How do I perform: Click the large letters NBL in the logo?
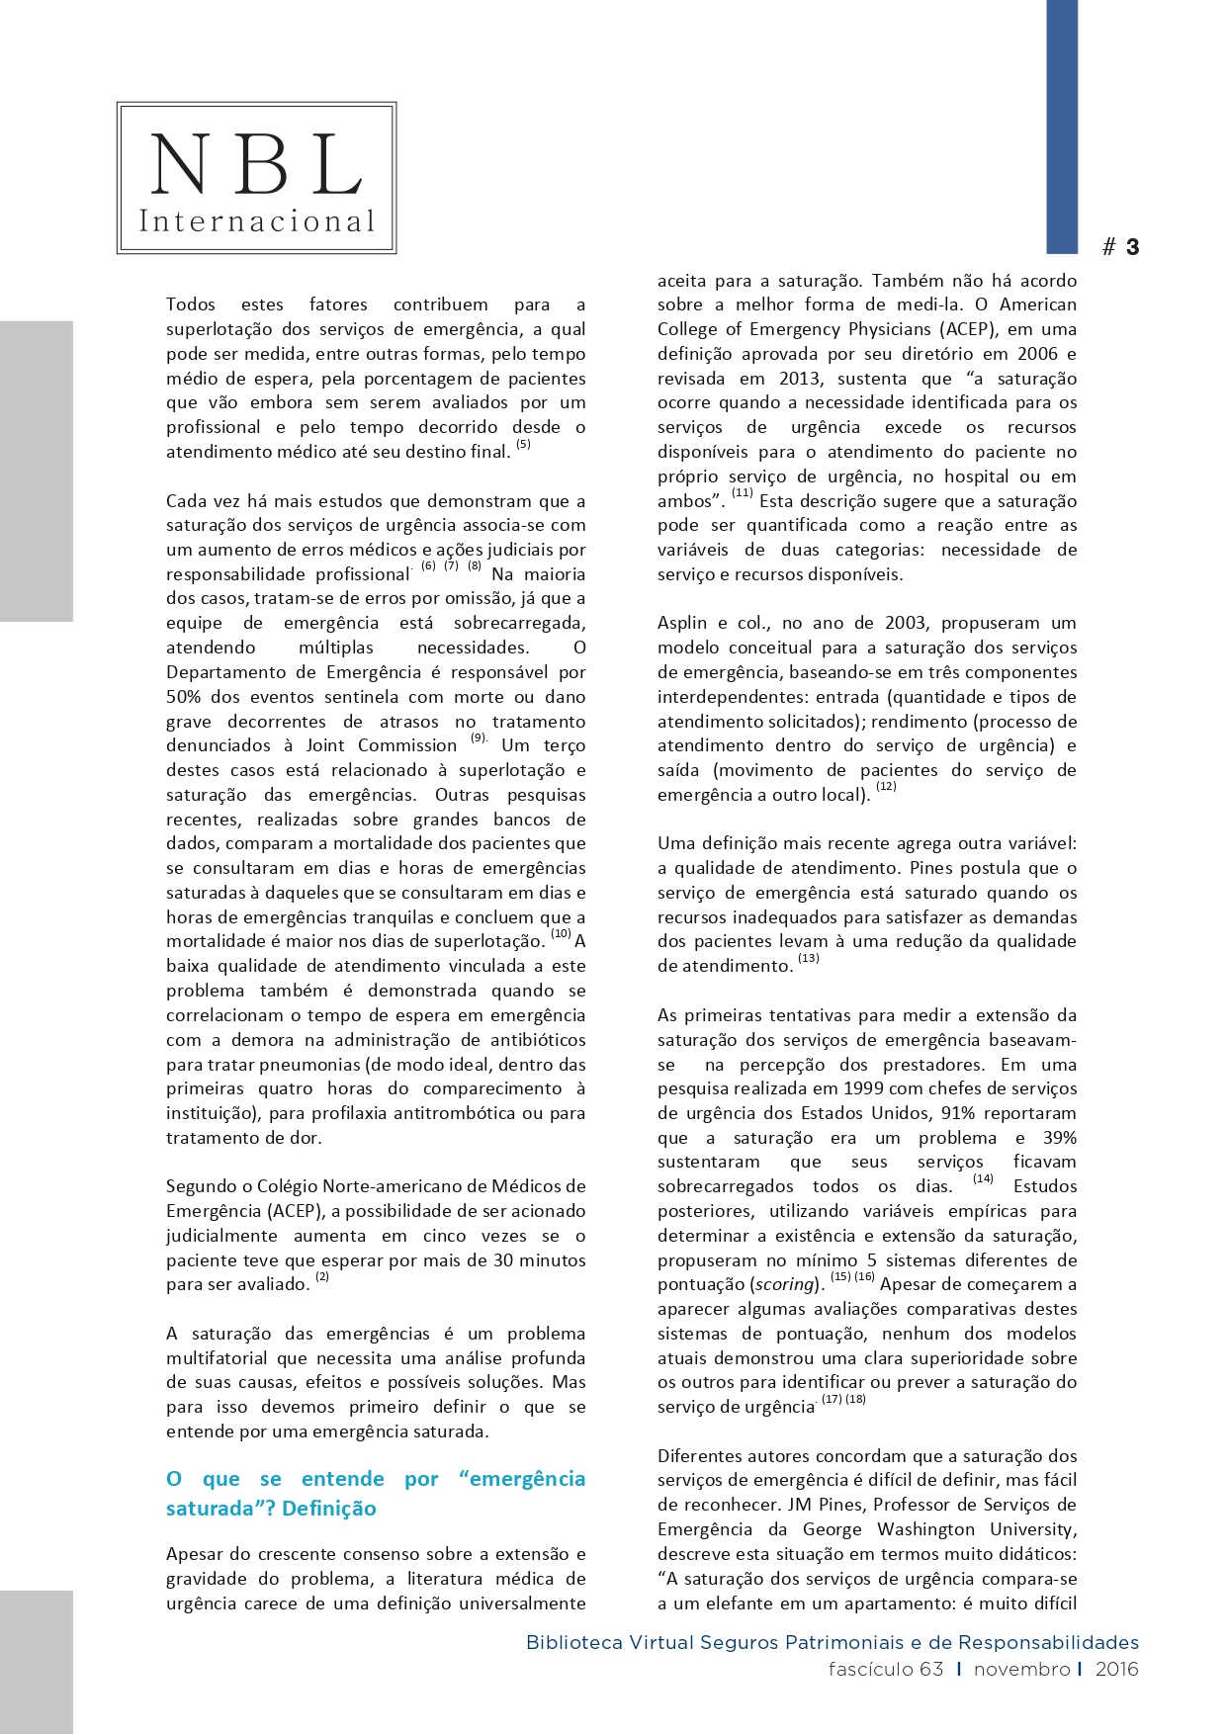coord(256,164)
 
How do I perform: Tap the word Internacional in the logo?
coord(256,221)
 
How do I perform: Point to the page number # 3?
coord(1121,247)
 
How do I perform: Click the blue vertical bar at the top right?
coord(1062,126)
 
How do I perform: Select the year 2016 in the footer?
coord(1116,1670)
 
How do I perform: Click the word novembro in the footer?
coord(1021,1670)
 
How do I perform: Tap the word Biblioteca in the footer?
coord(574,1643)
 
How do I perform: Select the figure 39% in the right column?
coord(1059,1138)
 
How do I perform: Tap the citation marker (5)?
coord(523,445)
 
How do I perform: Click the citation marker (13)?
coord(809,959)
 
